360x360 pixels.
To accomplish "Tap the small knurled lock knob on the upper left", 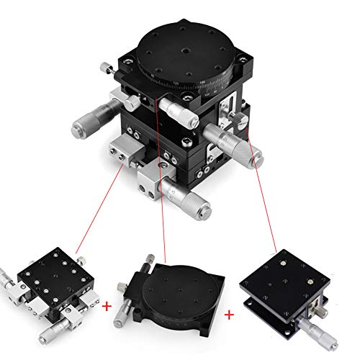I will coord(105,68).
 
